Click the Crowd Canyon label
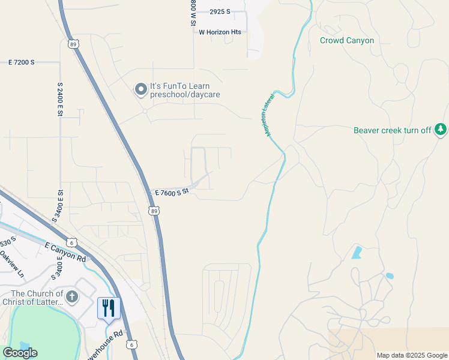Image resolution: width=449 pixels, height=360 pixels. click(347, 41)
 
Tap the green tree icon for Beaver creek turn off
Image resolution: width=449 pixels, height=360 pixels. click(441, 129)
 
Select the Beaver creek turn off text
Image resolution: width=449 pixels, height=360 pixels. click(392, 130)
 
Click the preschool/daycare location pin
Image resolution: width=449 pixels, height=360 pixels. click(141, 90)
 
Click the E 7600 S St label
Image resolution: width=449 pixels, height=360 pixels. click(172, 192)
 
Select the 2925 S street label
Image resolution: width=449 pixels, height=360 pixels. click(220, 12)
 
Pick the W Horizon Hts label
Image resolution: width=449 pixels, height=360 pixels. click(220, 32)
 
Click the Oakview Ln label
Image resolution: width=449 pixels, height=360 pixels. click(12, 264)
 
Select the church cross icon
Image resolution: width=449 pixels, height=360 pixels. click(71, 296)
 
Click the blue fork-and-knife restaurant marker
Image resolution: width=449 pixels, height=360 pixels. click(109, 308)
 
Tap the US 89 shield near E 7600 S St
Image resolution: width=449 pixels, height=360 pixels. click(154, 211)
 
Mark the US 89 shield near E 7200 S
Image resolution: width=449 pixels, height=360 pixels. click(73, 44)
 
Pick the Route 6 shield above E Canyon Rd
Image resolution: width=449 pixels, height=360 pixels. click(72, 242)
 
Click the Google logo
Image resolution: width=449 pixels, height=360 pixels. click(20, 353)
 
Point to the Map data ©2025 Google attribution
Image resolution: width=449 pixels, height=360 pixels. click(411, 355)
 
